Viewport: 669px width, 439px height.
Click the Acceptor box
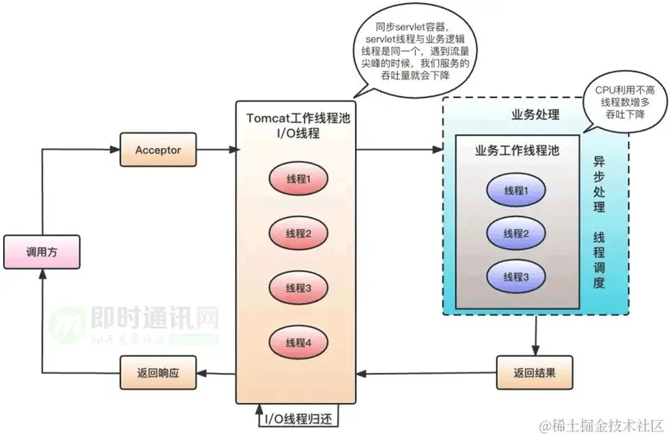click(x=157, y=150)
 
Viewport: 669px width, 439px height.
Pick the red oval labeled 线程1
click(x=298, y=179)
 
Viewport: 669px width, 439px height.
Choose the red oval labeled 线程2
click(x=298, y=233)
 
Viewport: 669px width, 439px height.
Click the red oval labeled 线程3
click(x=298, y=288)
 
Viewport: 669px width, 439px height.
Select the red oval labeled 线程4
click(x=298, y=342)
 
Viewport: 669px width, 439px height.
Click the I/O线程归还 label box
click(x=298, y=418)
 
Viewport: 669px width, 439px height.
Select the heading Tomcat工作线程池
click(x=298, y=118)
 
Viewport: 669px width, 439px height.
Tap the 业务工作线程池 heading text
click(x=518, y=151)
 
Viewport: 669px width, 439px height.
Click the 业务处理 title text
click(x=536, y=114)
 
